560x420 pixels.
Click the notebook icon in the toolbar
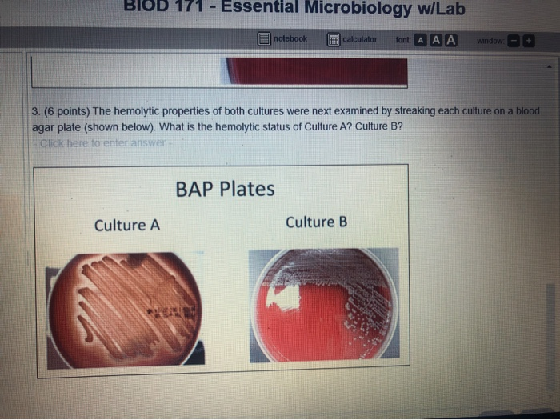(x=265, y=39)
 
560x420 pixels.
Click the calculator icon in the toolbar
(x=334, y=39)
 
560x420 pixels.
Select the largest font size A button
(x=451, y=40)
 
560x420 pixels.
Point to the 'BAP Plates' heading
(x=225, y=189)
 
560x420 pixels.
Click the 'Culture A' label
(x=127, y=225)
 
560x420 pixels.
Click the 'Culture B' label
(x=316, y=222)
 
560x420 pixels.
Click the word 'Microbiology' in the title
(x=345, y=9)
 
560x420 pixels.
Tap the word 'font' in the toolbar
(x=402, y=40)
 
